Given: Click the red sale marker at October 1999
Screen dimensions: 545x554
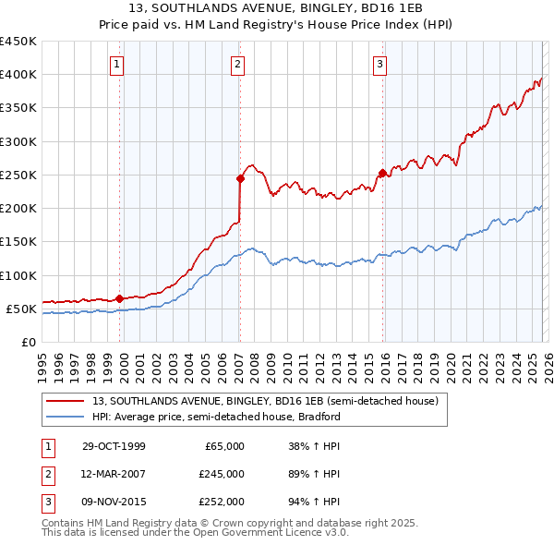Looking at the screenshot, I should pyautogui.click(x=120, y=298).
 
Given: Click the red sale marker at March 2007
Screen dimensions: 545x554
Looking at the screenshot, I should pyautogui.click(x=240, y=178).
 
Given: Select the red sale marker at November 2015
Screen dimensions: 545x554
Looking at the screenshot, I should pyautogui.click(x=382, y=173).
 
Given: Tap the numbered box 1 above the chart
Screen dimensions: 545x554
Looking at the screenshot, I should pyautogui.click(x=118, y=64).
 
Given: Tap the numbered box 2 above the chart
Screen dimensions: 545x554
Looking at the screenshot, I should pyautogui.click(x=238, y=64).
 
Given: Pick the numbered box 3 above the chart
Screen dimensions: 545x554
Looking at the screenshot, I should pyautogui.click(x=379, y=64).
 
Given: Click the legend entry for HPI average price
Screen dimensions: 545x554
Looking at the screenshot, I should pyautogui.click(x=216, y=417).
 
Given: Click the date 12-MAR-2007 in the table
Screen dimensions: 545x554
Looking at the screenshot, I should pyautogui.click(x=114, y=474).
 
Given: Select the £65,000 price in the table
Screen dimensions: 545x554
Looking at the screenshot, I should pyautogui.click(x=224, y=446).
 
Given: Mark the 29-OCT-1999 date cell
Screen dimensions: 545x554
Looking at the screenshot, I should pyautogui.click(x=114, y=446).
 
